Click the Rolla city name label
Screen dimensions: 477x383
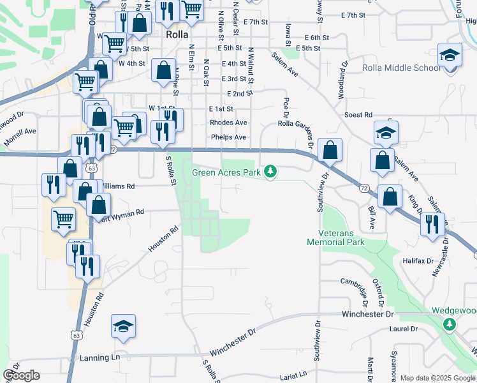click(x=177, y=35)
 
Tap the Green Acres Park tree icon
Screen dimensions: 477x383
click(x=271, y=171)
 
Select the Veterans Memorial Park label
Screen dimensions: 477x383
click(x=335, y=237)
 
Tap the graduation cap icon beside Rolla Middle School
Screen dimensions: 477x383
click(x=450, y=56)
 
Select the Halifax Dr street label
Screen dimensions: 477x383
click(x=418, y=261)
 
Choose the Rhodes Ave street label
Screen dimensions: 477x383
click(x=228, y=123)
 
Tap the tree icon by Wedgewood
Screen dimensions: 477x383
click(x=450, y=324)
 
